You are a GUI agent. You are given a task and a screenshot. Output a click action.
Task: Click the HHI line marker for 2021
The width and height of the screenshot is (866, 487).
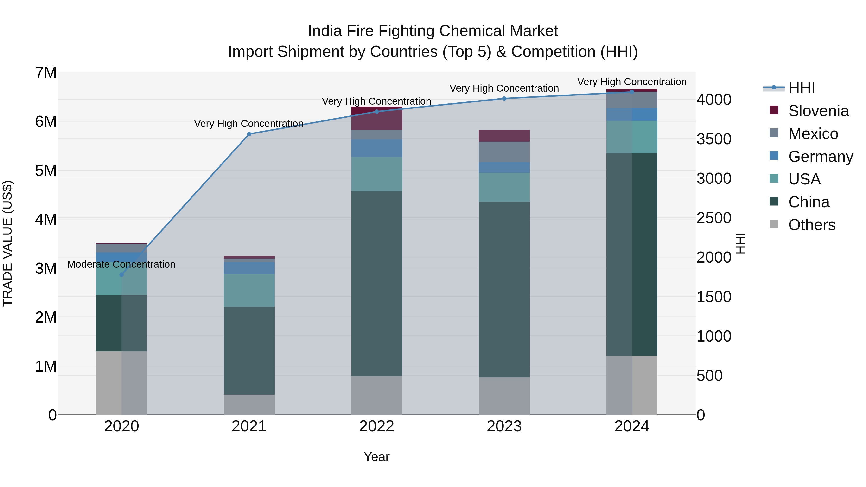pyautogui.click(x=249, y=134)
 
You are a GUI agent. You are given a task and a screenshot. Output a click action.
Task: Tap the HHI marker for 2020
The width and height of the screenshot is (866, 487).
pyautogui.click(x=122, y=275)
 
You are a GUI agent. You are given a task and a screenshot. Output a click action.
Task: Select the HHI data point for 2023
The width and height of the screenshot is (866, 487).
pyautogui.click(x=504, y=98)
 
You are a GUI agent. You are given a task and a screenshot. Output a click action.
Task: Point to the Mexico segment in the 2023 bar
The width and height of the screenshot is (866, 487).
pyautogui.click(x=504, y=152)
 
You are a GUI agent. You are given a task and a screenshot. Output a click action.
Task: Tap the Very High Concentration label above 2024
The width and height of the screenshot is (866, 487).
pyautogui.click(x=632, y=82)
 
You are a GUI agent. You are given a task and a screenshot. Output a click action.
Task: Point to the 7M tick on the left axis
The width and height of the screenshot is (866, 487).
pyautogui.click(x=46, y=73)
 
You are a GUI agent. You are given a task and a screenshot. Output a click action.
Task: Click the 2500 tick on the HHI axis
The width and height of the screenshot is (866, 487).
pyautogui.click(x=713, y=218)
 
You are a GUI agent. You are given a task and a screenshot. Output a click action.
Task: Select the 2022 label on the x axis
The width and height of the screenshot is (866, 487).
pyautogui.click(x=376, y=426)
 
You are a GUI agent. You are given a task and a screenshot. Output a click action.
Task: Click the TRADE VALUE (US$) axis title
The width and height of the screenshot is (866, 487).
pyautogui.click(x=8, y=243)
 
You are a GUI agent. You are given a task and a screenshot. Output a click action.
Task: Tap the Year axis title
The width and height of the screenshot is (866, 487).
pyautogui.click(x=376, y=457)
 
